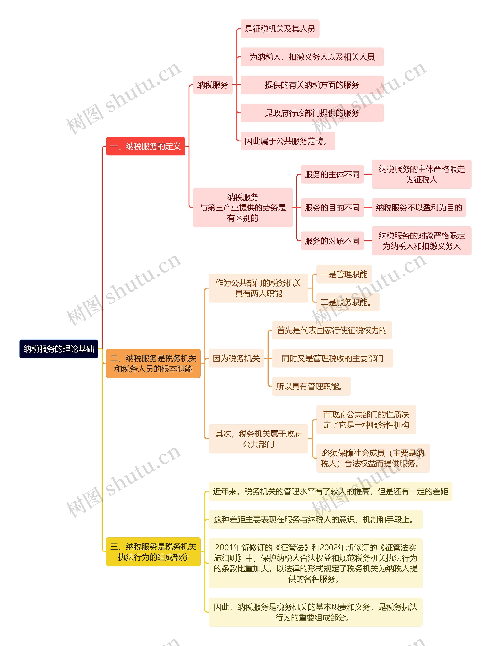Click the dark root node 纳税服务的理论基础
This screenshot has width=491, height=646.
[58, 349]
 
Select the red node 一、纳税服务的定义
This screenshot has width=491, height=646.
[146, 146]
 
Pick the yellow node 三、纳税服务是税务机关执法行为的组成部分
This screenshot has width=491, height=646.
[153, 552]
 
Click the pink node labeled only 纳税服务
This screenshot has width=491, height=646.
[213, 85]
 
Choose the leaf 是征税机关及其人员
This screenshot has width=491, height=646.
[280, 29]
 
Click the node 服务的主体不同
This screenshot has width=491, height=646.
[332, 174]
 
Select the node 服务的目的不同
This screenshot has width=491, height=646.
[332, 208]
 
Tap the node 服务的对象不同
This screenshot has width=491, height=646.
[332, 241]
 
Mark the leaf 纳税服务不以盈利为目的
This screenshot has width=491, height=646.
[419, 208]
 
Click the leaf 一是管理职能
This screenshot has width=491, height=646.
[344, 274]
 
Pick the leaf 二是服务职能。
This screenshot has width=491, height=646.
[348, 302]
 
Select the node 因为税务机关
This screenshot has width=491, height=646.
[236, 358]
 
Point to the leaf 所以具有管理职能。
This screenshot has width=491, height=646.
[311, 386]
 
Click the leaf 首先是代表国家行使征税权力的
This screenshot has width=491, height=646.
[332, 330]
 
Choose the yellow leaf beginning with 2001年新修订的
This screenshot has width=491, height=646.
[316, 563]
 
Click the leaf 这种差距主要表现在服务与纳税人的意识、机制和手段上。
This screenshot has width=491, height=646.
[316, 519]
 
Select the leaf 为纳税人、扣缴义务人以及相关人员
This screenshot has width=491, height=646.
[312, 57]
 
